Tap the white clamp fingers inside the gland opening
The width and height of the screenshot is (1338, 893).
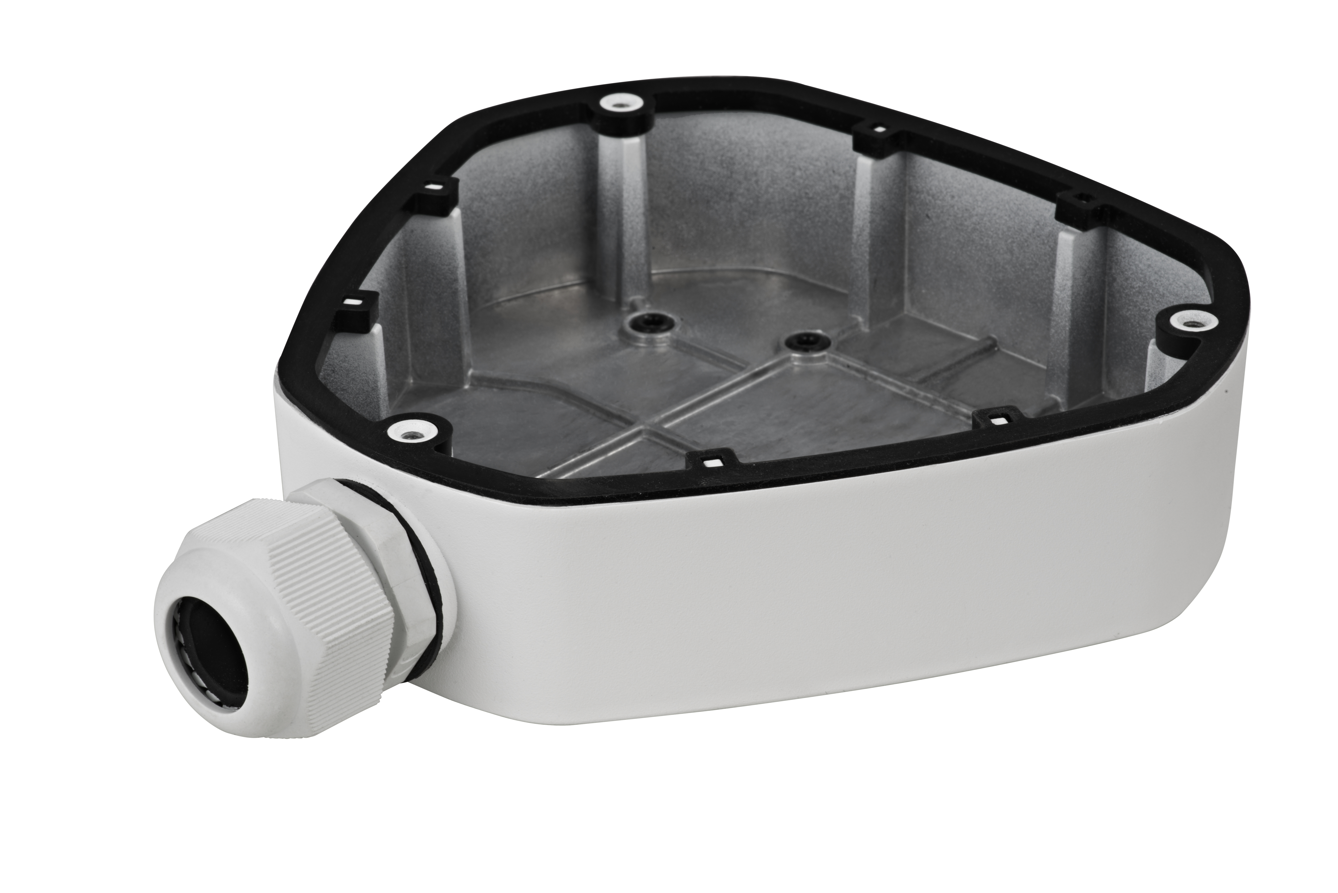coord(188,655)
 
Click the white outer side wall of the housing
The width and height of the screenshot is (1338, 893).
coord(854,615)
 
